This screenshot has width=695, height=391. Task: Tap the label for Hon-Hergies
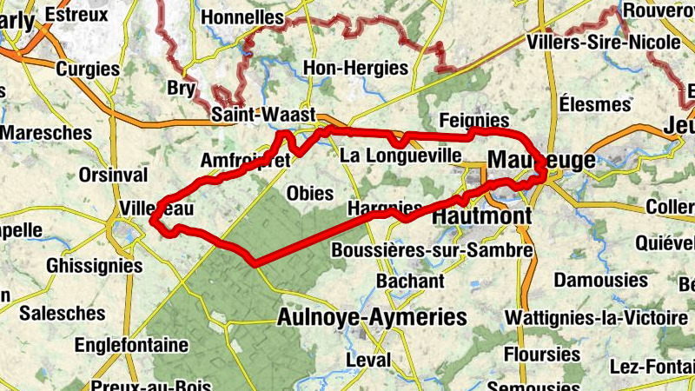click(x=355, y=68)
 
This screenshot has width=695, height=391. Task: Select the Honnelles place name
click(x=242, y=17)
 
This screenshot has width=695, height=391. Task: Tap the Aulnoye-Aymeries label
click(x=372, y=317)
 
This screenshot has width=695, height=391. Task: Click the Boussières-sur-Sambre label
click(x=432, y=250)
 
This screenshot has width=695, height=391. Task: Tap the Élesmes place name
click(x=595, y=104)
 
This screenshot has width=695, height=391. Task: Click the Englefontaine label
click(x=131, y=345)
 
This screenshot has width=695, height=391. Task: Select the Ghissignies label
click(x=94, y=265)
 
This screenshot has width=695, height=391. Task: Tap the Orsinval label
click(x=113, y=175)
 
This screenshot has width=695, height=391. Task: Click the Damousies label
click(x=601, y=280)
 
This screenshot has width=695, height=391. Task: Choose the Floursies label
click(x=542, y=354)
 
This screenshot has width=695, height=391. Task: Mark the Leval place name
click(x=368, y=360)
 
